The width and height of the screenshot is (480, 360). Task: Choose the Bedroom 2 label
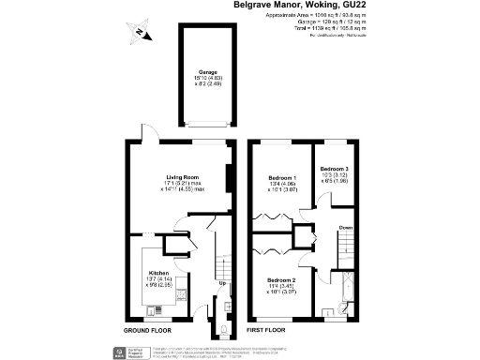click(281, 280)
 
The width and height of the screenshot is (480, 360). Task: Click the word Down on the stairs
click(346, 228)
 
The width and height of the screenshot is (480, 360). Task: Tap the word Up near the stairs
click(222, 283)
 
